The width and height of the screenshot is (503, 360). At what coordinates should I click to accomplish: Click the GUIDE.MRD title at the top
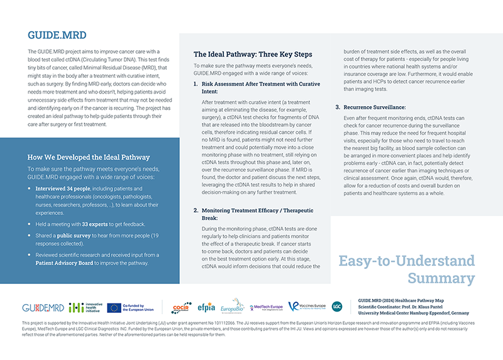click(57, 35)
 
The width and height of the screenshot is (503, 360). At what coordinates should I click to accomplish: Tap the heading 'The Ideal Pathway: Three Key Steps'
click(252, 54)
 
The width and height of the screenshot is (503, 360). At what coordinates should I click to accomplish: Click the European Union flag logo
click(114, 307)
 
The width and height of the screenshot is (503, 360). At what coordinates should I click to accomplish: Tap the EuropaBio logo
click(232, 307)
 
